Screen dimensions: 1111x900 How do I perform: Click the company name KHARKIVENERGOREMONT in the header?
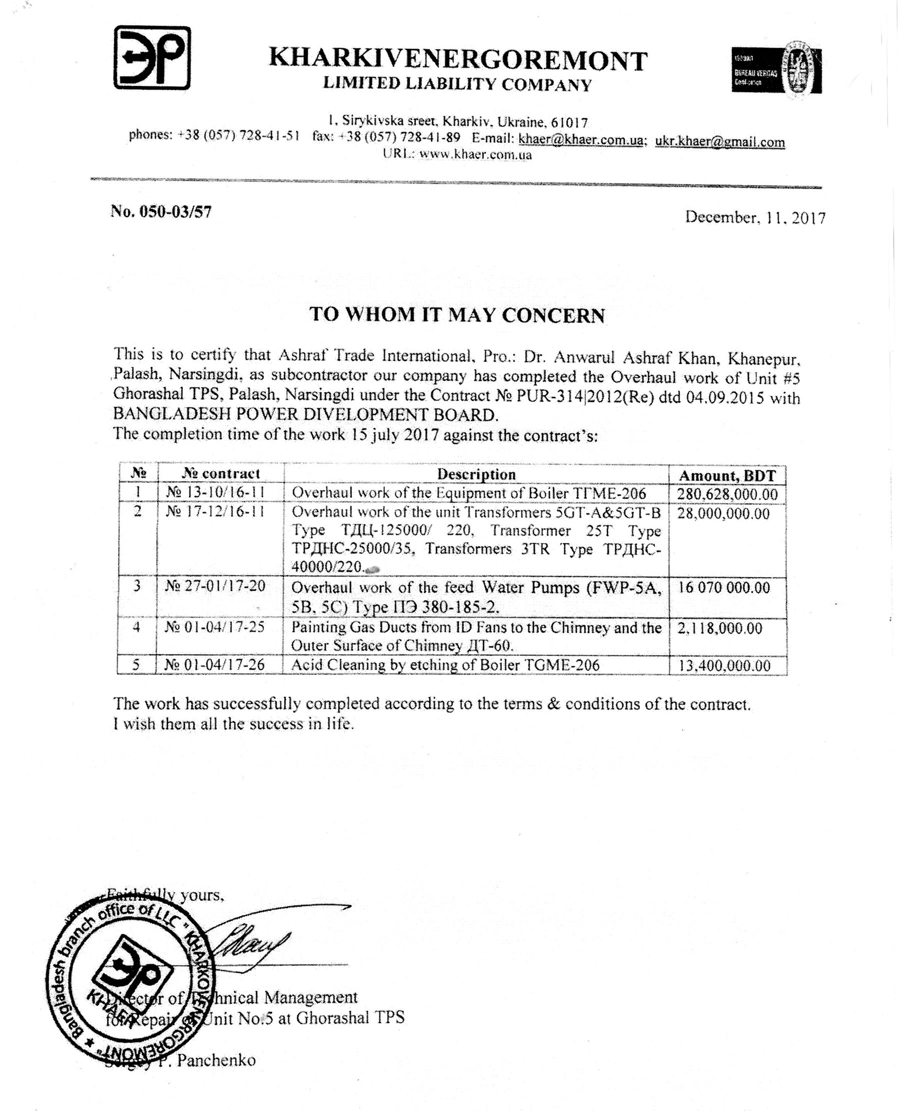[x=458, y=60]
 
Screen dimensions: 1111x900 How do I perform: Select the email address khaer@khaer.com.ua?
[x=580, y=140]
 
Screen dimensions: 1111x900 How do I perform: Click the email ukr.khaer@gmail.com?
[x=719, y=141]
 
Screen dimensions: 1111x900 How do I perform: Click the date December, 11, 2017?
[x=755, y=216]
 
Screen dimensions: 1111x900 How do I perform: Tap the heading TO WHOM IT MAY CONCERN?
[x=457, y=315]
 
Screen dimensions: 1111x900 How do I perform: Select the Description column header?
[x=476, y=474]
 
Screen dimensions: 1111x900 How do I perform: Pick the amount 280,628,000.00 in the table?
[x=727, y=494]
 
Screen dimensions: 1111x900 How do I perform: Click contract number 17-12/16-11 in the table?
[x=215, y=512]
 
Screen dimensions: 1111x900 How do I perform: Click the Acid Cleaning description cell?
[x=445, y=665]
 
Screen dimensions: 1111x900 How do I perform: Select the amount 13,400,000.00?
[x=724, y=665]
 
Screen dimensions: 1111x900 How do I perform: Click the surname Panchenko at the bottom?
[x=216, y=1060]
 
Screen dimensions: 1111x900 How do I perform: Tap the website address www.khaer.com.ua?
[x=475, y=154]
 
